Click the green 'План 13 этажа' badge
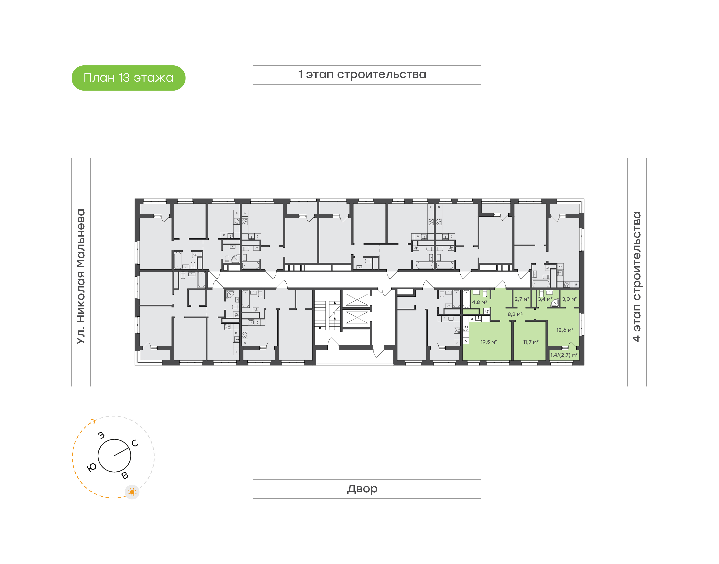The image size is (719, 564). click(x=129, y=78)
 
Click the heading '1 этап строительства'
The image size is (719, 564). click(x=362, y=75)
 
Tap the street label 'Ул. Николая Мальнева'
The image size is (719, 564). click(x=81, y=277)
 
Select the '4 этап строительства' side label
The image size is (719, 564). click(x=636, y=277)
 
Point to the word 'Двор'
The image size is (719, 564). click(x=362, y=489)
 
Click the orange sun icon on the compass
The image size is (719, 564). click(x=132, y=492)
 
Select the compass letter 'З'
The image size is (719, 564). click(x=101, y=435)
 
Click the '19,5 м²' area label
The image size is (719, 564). click(x=489, y=342)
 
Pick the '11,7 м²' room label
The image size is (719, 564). click(x=531, y=342)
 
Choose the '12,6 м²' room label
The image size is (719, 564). click(x=565, y=330)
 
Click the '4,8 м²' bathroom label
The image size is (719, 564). click(x=480, y=302)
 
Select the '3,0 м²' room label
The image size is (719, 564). click(x=569, y=299)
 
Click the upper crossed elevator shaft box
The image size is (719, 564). click(x=357, y=299)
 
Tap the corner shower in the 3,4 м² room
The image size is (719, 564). click(x=555, y=302)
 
